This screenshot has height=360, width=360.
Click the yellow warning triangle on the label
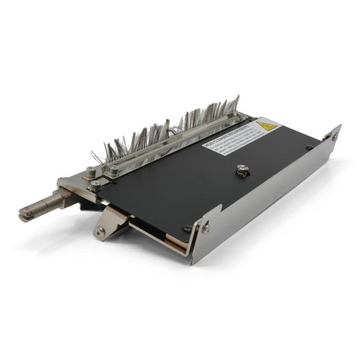click(x=266, y=126)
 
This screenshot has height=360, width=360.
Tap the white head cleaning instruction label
click(x=234, y=139)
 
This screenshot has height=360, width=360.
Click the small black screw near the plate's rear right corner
click(x=309, y=148)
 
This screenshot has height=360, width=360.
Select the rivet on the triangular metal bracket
click(x=101, y=231)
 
